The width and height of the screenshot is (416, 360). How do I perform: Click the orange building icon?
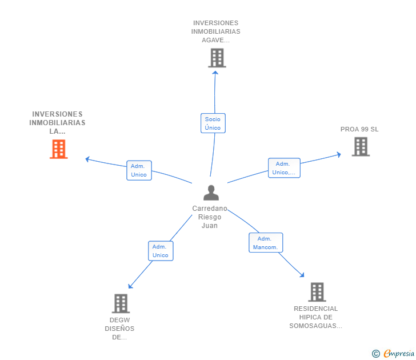(x=59, y=149)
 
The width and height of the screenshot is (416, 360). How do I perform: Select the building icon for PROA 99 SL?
(x=361, y=146)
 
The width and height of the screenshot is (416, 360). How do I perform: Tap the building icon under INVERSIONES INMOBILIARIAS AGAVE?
(x=217, y=58)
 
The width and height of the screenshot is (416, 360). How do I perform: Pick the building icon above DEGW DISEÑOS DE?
(x=121, y=303)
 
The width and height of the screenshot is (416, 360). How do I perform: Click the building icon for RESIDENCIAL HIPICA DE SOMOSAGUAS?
(x=317, y=292)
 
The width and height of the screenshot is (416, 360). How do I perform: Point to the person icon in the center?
(x=211, y=193)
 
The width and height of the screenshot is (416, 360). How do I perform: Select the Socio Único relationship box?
(x=213, y=123)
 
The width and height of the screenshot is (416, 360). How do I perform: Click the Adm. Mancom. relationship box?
(x=266, y=242)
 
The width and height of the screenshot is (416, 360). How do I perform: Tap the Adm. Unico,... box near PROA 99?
(x=284, y=168)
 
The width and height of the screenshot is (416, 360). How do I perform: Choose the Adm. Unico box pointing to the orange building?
(x=139, y=170)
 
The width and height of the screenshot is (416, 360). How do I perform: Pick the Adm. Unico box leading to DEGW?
(x=161, y=251)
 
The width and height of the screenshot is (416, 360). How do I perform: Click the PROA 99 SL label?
(x=359, y=129)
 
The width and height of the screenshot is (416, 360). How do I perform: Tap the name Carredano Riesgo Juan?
(x=210, y=217)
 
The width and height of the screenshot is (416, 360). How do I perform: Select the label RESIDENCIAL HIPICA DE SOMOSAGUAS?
(x=315, y=317)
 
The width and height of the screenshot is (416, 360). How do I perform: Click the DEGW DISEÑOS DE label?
(x=119, y=329)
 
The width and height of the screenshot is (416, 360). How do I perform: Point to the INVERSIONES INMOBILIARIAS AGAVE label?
(x=215, y=31)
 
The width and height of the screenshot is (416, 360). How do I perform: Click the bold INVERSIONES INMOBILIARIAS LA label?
(x=57, y=122)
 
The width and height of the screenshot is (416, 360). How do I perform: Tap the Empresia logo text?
(x=399, y=353)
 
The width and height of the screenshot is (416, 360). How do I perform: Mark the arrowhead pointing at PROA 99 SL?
(x=339, y=154)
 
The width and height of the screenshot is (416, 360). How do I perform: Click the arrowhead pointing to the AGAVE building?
(x=215, y=73)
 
